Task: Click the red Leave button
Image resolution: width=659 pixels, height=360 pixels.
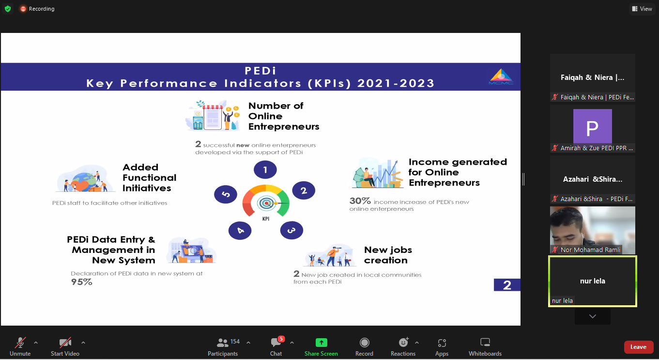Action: tap(638, 347)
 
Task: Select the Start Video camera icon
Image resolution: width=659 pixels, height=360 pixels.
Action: tap(65, 343)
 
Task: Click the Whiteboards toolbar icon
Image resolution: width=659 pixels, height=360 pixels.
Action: tap(485, 343)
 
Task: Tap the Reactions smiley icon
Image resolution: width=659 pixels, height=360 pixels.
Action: tap(403, 342)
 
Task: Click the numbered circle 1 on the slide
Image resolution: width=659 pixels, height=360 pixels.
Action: tap(265, 170)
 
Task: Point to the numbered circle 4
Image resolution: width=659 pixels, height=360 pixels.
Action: tap(240, 230)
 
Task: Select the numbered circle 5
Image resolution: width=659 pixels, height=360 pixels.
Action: tap(226, 194)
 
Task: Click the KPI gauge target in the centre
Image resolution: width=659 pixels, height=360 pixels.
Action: tap(266, 203)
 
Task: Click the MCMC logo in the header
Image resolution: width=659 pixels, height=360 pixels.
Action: tap(501, 77)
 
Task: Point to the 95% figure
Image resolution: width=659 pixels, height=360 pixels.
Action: tap(82, 282)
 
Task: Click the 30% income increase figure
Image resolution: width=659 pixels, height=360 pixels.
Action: tap(360, 201)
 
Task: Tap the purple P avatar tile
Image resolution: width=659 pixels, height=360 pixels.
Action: tap(592, 126)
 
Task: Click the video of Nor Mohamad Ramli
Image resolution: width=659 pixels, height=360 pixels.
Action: tap(592, 230)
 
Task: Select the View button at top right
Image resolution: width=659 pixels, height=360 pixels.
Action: tap(642, 9)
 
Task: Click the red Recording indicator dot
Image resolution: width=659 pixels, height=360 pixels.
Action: tap(23, 9)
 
